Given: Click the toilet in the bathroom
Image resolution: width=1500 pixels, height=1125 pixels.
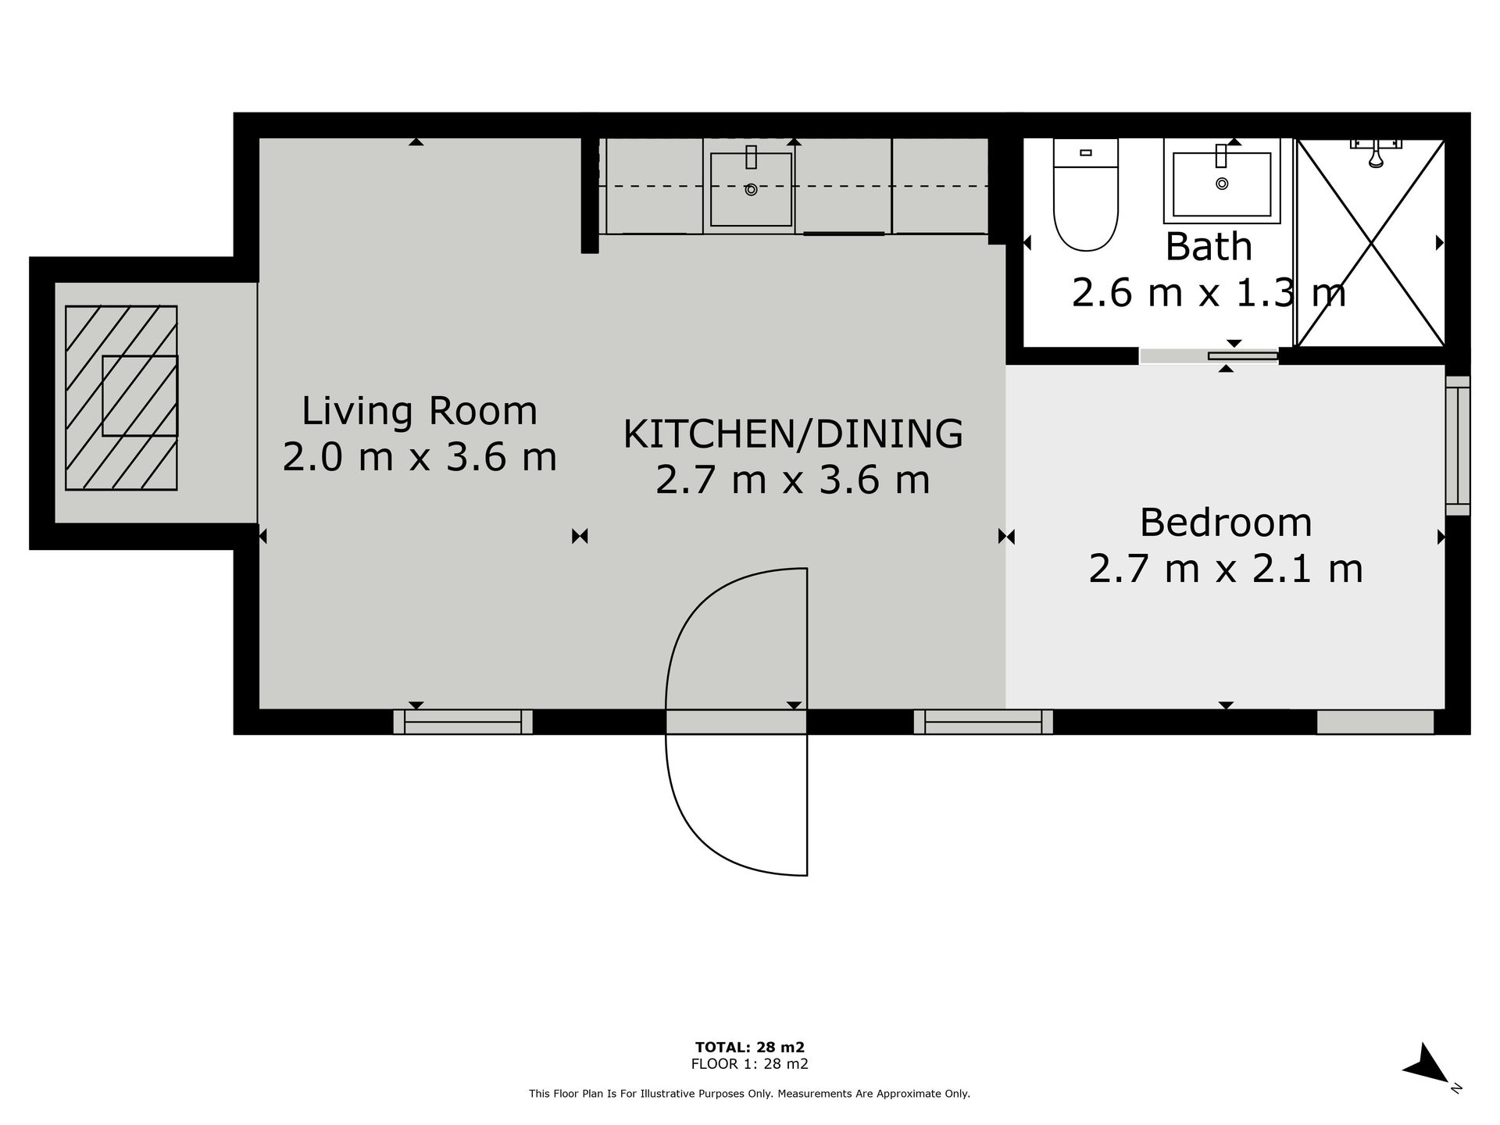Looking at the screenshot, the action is click(x=1086, y=195).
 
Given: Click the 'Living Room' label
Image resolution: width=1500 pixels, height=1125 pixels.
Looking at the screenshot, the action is click(x=420, y=411).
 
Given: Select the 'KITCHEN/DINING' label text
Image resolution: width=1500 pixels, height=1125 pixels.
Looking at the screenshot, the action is click(x=793, y=434).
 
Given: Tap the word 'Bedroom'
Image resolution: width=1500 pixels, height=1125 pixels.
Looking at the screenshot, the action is click(x=1225, y=523).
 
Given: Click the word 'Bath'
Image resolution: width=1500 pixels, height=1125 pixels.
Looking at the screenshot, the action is click(x=1209, y=247).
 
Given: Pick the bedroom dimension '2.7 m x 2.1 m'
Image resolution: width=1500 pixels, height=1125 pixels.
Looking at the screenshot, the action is click(x=1225, y=569).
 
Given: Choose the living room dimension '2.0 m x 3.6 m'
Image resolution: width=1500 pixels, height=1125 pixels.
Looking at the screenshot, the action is click(x=420, y=457).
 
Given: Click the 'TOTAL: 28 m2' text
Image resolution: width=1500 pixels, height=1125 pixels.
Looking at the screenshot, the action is click(x=749, y=1047).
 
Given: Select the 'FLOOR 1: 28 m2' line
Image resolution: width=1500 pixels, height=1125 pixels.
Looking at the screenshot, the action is click(x=749, y=1064).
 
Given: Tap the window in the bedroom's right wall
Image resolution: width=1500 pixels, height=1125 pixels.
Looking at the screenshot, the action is click(x=1458, y=445).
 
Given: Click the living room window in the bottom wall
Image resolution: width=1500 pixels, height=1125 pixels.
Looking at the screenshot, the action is click(x=462, y=722).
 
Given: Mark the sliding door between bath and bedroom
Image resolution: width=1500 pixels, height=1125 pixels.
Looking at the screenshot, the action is click(x=1209, y=356).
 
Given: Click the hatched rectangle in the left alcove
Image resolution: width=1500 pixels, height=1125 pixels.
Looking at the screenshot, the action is click(x=121, y=398).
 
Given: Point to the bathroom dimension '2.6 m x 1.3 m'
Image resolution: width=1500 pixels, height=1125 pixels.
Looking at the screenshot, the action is click(x=1209, y=294).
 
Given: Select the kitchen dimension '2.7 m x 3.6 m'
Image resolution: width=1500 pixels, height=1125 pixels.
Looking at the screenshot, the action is click(x=793, y=480).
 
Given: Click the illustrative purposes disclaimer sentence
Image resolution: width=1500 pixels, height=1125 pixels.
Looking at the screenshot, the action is click(x=749, y=1094).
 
